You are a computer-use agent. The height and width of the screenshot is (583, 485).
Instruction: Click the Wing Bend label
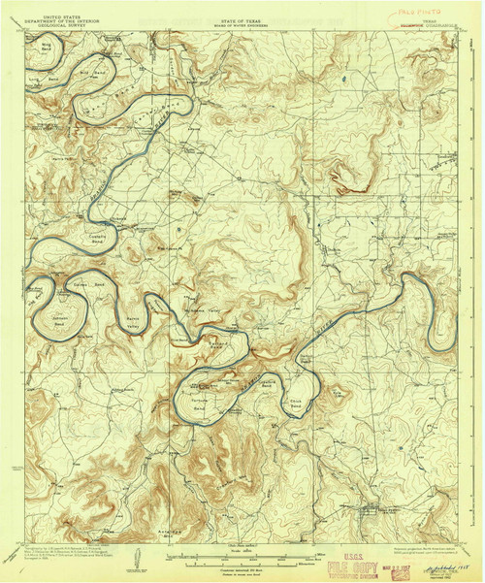pos(45,44)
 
